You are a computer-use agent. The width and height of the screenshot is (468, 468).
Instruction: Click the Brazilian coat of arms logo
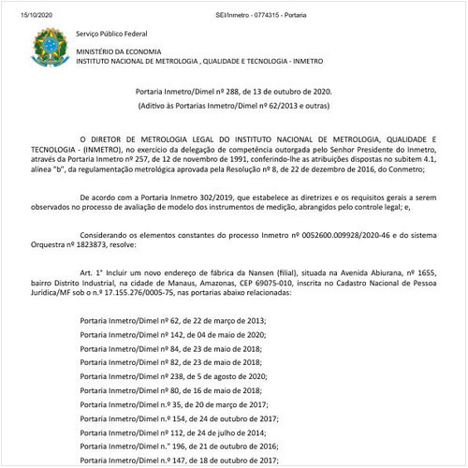pyautogui.click(x=44, y=46)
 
